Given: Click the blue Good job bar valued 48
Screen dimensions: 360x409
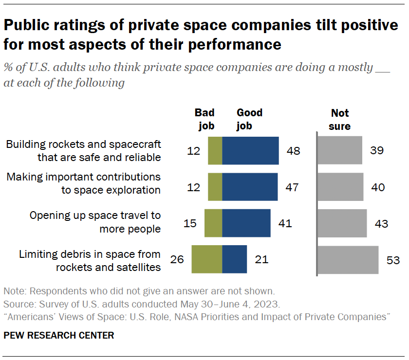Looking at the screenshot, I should (250, 151).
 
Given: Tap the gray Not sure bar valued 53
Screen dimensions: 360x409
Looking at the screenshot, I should (348, 260).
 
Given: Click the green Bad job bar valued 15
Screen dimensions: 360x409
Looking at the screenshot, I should (213, 223).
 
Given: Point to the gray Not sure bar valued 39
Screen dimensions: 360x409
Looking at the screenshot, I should (340, 151).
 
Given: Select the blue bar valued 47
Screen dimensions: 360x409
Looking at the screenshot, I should (250, 187).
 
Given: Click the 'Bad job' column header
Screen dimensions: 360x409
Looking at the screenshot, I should (204, 120).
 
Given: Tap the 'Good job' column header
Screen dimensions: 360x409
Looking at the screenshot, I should (249, 120).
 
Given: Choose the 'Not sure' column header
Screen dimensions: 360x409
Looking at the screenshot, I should (340, 120).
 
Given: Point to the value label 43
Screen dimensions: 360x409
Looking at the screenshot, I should (381, 223).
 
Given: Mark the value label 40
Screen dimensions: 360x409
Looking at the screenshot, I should (377, 187).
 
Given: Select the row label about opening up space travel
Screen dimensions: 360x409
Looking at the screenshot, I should (95, 222).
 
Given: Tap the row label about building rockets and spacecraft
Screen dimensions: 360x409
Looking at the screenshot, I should (83, 151).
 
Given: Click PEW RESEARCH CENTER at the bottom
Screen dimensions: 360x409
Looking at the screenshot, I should (59, 335).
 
